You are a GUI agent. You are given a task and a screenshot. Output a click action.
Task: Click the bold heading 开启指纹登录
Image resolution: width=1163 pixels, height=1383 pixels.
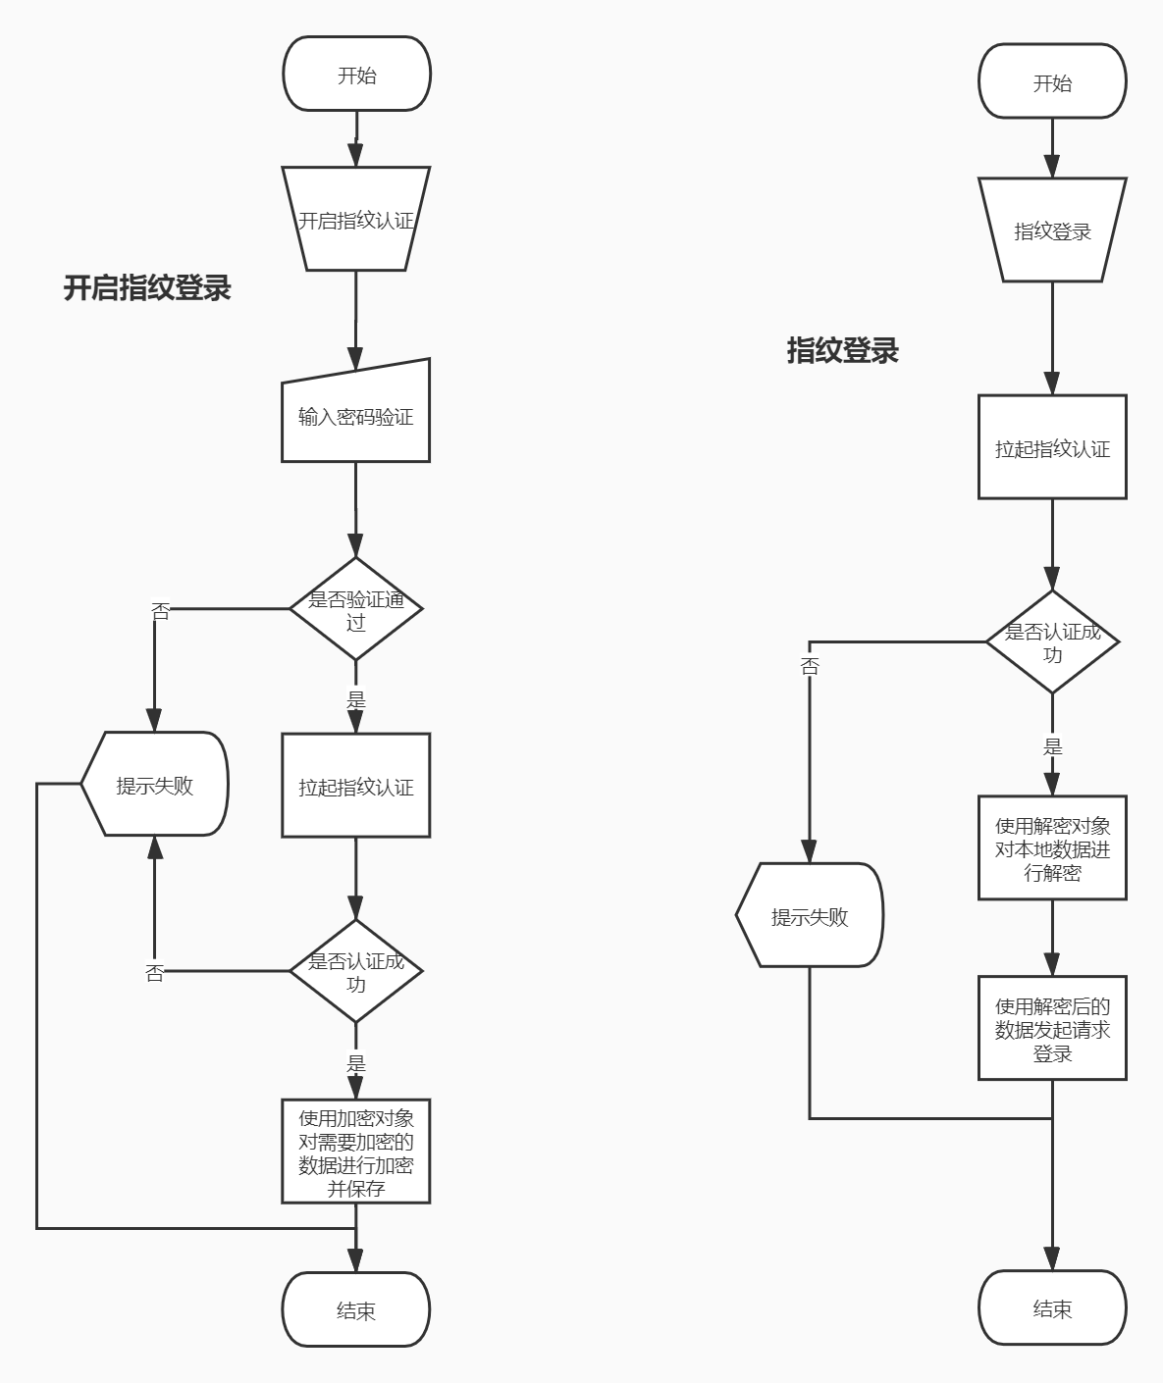(x=147, y=288)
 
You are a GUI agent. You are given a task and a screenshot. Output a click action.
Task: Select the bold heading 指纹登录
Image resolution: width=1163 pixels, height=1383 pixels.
(x=842, y=350)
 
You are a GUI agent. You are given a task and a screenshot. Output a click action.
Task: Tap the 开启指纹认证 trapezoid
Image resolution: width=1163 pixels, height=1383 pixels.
(x=355, y=220)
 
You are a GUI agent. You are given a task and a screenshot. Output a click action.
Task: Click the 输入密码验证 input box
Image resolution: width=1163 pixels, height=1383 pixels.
(x=355, y=416)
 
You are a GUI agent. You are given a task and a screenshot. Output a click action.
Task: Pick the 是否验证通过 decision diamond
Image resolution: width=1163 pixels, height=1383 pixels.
(x=355, y=609)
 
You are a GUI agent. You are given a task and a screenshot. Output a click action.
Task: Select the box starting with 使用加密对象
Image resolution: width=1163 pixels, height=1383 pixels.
(x=355, y=1152)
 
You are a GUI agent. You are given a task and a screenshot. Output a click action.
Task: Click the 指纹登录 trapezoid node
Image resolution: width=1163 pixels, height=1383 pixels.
(x=1052, y=231)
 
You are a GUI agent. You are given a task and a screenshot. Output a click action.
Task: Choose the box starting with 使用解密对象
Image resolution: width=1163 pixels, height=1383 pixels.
(x=1052, y=848)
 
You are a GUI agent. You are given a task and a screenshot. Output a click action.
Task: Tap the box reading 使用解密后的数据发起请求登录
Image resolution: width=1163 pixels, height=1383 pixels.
(x=1052, y=1029)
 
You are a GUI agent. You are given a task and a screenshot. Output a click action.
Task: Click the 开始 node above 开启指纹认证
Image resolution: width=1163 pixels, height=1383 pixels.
(x=355, y=75)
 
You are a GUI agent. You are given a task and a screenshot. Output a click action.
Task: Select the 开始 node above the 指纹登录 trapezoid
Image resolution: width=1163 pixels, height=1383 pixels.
(x=1052, y=82)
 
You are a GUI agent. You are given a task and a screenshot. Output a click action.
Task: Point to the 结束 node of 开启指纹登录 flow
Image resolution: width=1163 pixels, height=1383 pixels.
(x=355, y=1310)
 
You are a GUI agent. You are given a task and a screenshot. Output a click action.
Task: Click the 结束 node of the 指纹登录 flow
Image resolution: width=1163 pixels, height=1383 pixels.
(x=1052, y=1308)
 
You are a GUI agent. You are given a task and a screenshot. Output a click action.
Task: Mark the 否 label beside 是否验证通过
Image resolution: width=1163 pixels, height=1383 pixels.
(x=160, y=612)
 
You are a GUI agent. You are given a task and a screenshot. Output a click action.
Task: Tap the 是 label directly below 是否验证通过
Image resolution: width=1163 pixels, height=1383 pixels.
(x=355, y=700)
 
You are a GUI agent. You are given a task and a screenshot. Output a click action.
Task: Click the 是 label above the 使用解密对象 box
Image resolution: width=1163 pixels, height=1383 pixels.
(x=1052, y=746)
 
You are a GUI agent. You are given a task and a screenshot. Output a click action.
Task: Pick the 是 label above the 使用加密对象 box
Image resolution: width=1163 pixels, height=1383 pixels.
(x=355, y=1063)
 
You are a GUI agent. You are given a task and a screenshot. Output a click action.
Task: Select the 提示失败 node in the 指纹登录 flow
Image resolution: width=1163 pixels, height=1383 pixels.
(x=810, y=916)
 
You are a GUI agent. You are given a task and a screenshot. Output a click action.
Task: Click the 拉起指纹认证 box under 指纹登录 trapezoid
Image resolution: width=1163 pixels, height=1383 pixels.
(x=1052, y=448)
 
